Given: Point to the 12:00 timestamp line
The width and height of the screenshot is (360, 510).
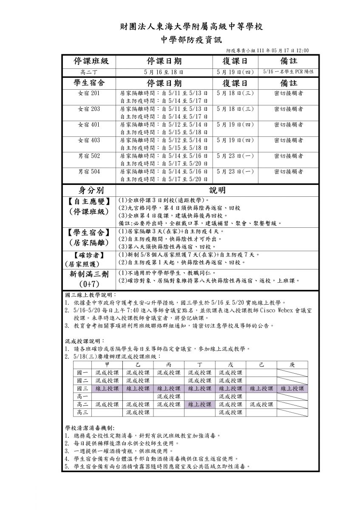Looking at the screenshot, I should [x=267, y=50].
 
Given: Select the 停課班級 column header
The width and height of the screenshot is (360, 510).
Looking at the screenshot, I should [x=89, y=61].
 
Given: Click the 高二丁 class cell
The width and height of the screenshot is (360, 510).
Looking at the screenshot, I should [x=89, y=72].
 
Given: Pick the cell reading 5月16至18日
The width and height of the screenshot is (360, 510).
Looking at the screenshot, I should [x=164, y=72].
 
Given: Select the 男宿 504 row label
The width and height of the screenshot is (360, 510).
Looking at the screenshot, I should [x=89, y=172].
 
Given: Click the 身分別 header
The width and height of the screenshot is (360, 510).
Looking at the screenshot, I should [x=89, y=190].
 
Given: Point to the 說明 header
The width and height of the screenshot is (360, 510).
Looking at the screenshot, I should [x=217, y=190].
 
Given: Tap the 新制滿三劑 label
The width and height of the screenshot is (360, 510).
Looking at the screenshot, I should [x=89, y=275].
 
